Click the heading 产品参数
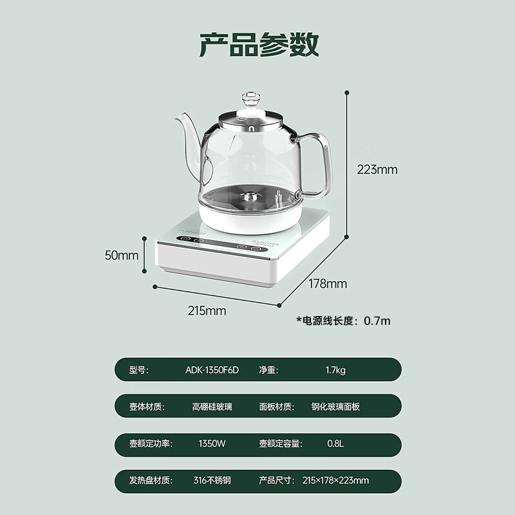(x=258, y=45)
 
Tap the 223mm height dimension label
(x=378, y=170)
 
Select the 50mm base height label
(x=122, y=255)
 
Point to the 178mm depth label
(x=328, y=283)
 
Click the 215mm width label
(x=207, y=311)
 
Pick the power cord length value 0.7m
(x=378, y=320)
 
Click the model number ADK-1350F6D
(x=212, y=370)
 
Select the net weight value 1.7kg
(x=335, y=370)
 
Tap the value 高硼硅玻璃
(x=212, y=407)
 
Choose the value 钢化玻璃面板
(x=335, y=407)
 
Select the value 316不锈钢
(x=212, y=480)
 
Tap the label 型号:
(x=138, y=370)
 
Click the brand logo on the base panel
(x=288, y=245)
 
